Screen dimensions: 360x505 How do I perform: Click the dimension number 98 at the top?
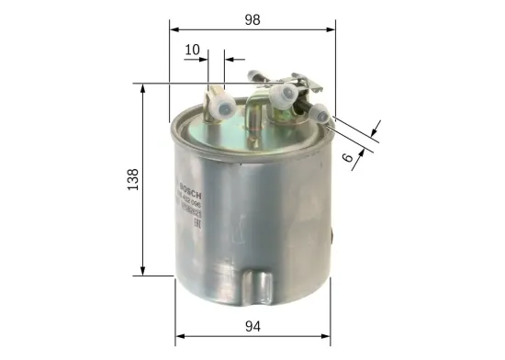click(x=252, y=17)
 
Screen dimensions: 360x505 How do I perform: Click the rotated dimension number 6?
click(x=349, y=157)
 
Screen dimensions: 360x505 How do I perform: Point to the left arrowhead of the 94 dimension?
click(x=180, y=336)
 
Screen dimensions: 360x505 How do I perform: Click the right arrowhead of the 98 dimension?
click(x=333, y=29)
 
